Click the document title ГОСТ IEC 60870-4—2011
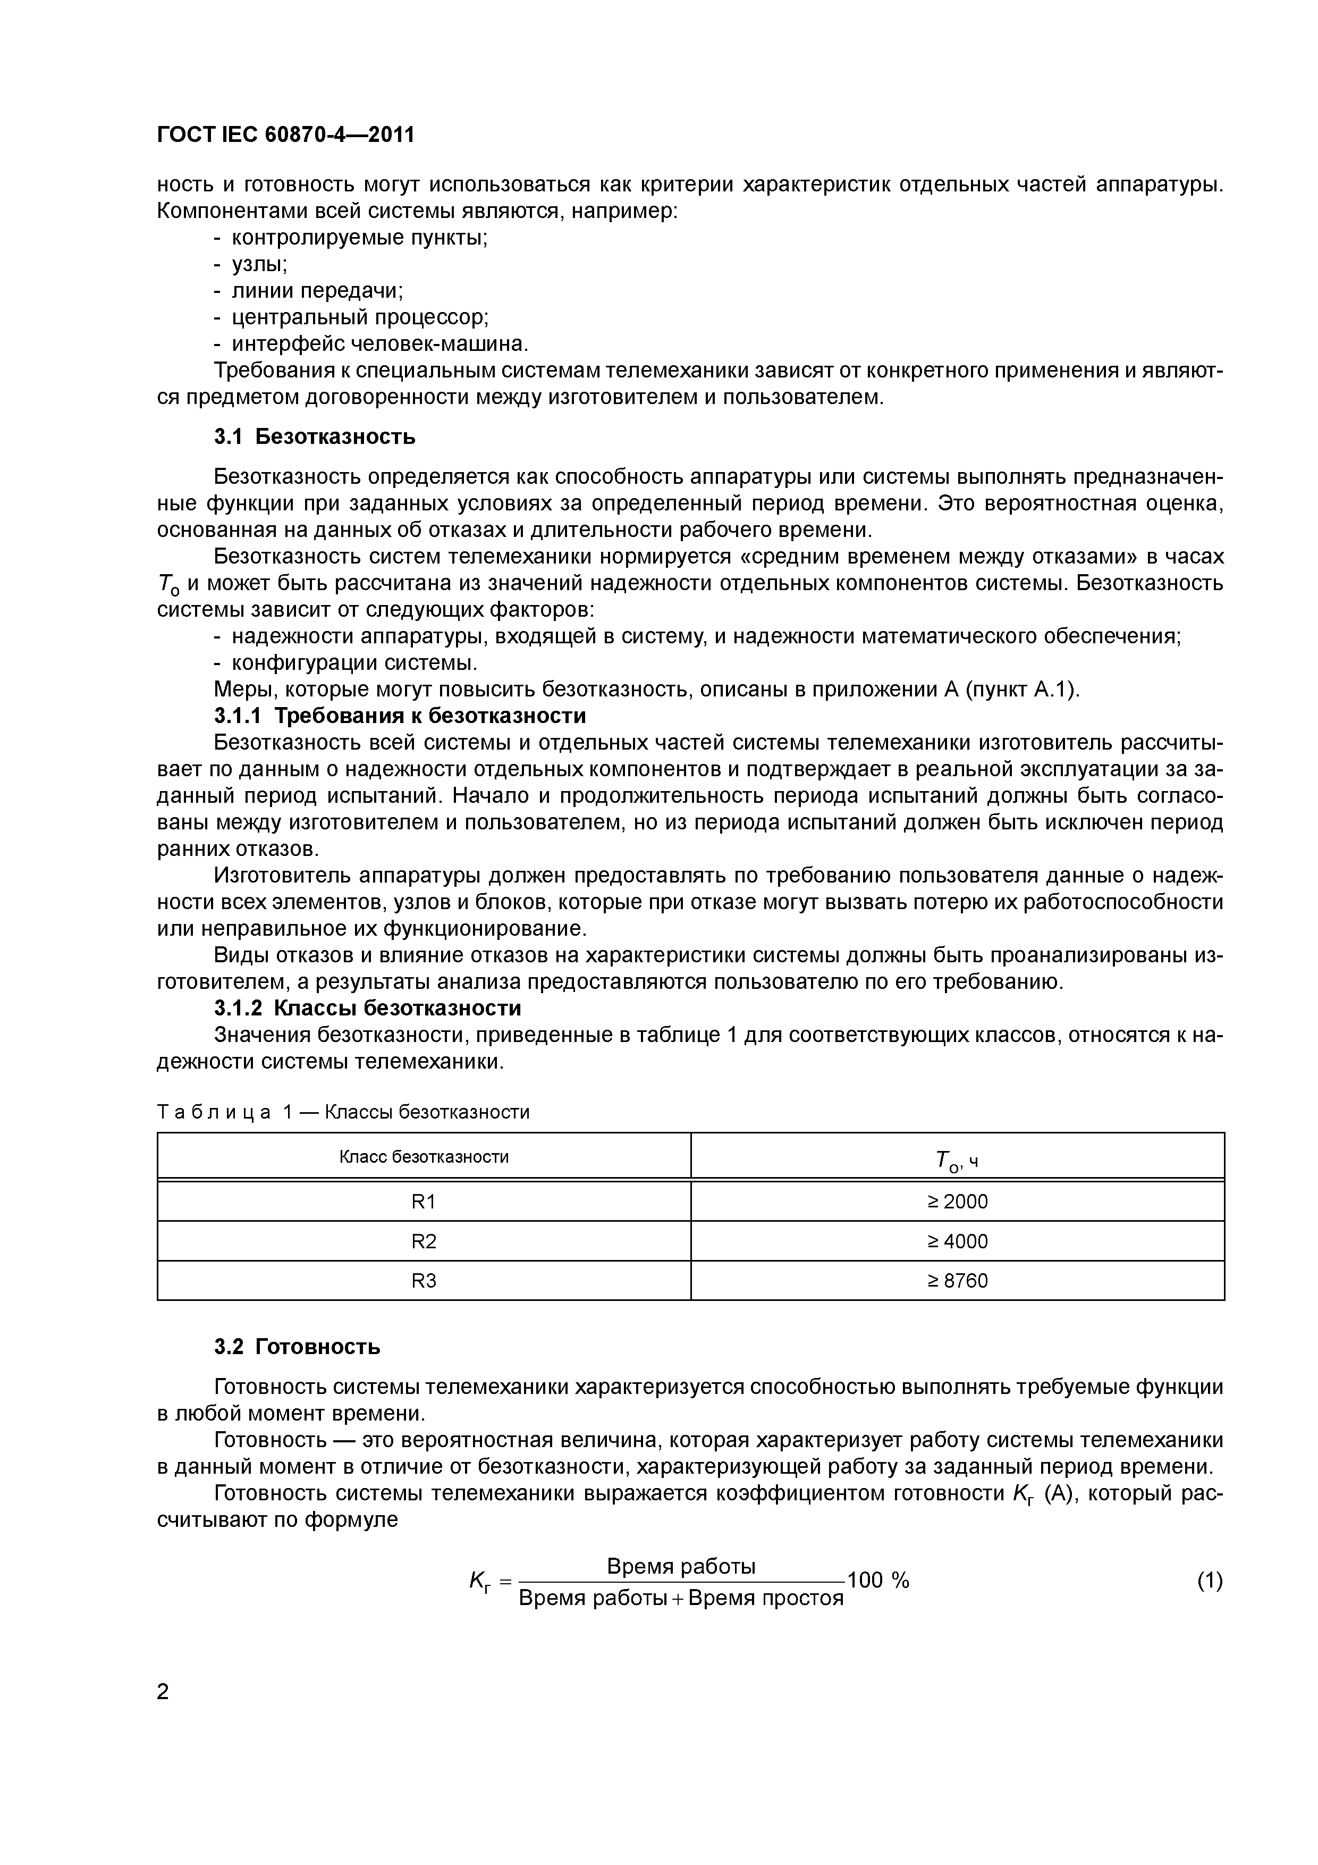pos(285,134)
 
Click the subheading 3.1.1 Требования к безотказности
pos(400,716)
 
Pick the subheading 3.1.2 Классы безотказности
pos(367,1008)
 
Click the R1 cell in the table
pos(424,1202)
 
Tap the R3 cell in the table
pos(424,1281)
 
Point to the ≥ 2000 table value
pos(958,1202)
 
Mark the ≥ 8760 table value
pos(958,1281)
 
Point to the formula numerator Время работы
pos(681,1566)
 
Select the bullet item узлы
pos(259,264)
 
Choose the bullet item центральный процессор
pos(360,317)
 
